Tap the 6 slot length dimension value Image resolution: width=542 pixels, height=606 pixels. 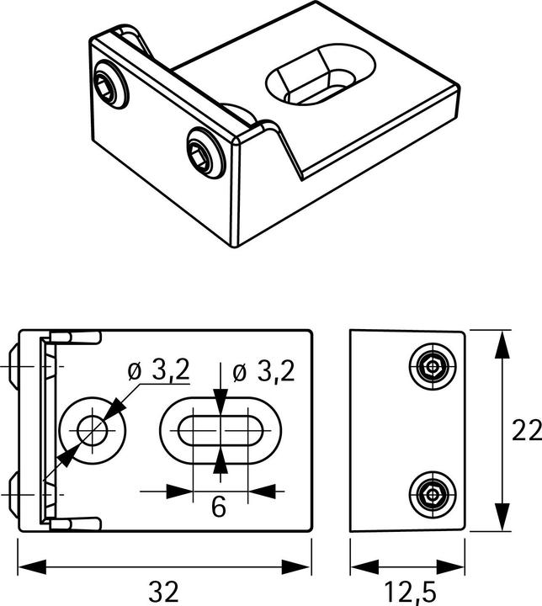click(218, 507)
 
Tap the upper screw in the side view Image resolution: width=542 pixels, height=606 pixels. click(432, 366)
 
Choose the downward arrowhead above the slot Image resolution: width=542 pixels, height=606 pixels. click(221, 402)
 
